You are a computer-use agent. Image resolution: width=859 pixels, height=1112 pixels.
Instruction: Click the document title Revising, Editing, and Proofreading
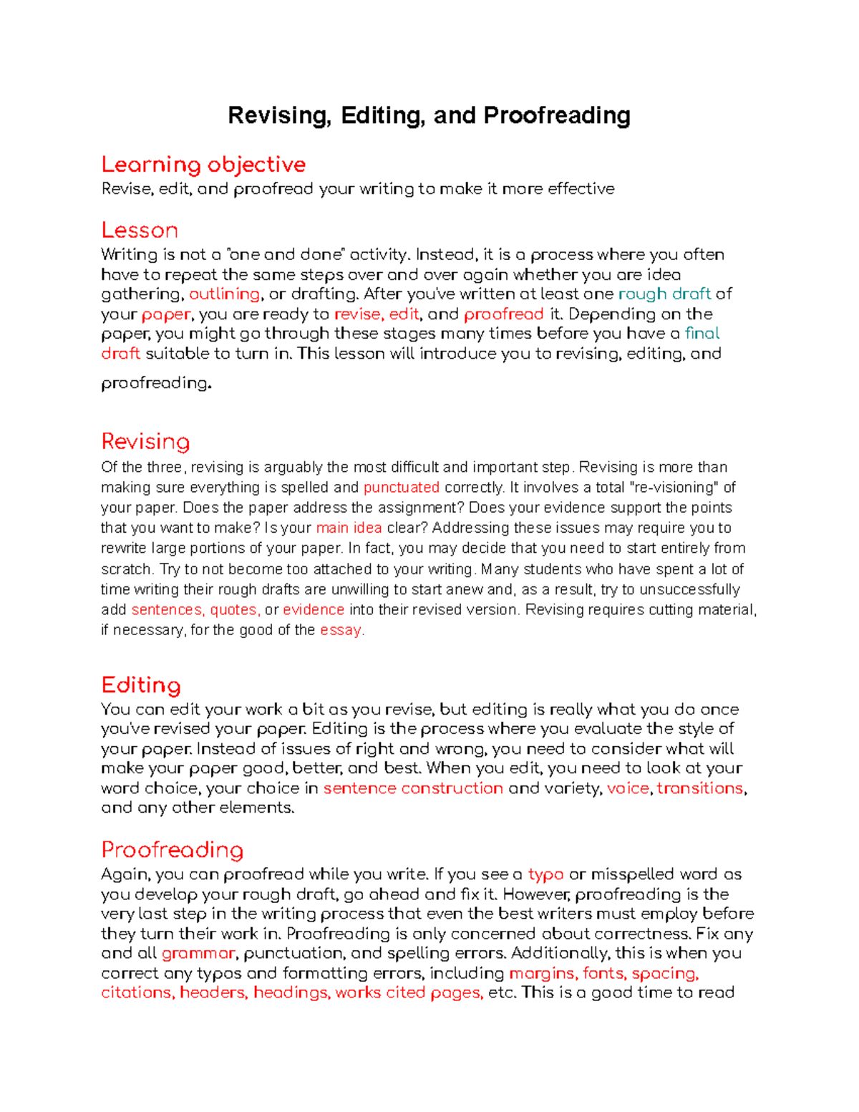[x=429, y=115]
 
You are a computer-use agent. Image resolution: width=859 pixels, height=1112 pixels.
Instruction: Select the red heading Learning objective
[x=203, y=165]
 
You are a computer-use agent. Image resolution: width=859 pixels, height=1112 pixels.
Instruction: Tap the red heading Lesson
[x=140, y=231]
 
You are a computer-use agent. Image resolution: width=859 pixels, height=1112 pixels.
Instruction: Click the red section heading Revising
[x=145, y=441]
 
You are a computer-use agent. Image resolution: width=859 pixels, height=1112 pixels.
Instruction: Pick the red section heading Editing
[x=141, y=685]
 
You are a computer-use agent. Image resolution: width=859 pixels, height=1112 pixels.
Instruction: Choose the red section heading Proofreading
[x=173, y=850]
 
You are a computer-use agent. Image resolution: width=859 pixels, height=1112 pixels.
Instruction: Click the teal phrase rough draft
[x=664, y=294]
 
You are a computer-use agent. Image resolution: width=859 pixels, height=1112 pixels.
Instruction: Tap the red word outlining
[x=224, y=294]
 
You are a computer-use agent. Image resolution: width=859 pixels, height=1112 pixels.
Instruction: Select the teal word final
[x=702, y=334]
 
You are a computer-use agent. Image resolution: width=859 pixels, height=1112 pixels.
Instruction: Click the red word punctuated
[x=402, y=488]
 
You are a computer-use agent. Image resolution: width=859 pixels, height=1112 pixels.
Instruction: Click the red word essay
[x=341, y=630]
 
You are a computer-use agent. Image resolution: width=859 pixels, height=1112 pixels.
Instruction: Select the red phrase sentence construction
[x=413, y=788]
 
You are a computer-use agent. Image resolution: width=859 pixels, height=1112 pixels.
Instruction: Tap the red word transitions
[x=700, y=788]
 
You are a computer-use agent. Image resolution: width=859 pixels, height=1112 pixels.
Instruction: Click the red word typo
[x=545, y=874]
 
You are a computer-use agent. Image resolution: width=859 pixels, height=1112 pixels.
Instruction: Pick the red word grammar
[x=198, y=954]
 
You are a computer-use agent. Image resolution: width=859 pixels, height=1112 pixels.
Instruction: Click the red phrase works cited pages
[x=409, y=993]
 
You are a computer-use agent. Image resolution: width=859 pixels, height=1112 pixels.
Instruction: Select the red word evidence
[x=314, y=610]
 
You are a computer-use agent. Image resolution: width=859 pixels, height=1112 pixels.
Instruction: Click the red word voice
[x=628, y=788]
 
